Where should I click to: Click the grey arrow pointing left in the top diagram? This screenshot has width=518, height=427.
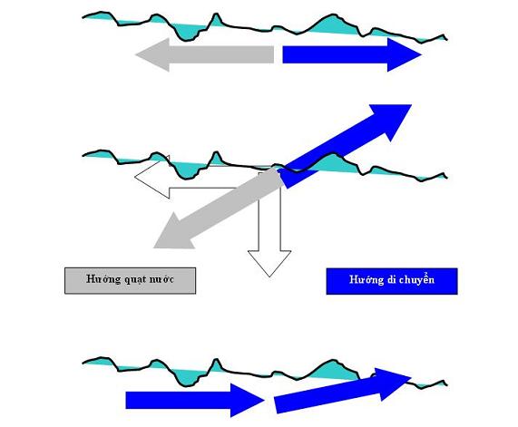click(x=205, y=54)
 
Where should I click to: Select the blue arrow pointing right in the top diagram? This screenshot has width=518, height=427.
click(x=352, y=54)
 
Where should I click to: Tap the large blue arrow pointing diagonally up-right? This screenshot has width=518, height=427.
click(x=346, y=146)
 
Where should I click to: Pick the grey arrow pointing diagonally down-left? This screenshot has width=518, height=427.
click(x=218, y=208)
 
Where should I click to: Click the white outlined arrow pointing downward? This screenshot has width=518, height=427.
click(x=269, y=225)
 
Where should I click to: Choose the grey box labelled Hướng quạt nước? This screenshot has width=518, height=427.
click(x=130, y=281)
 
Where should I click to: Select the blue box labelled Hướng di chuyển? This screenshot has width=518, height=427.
click(x=392, y=281)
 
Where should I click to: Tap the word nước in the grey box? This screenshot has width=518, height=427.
click(x=161, y=279)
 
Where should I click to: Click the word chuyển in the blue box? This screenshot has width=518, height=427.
click(x=416, y=279)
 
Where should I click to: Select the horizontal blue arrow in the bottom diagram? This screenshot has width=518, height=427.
click(x=195, y=400)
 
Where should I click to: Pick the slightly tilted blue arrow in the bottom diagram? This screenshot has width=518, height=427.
click(x=343, y=391)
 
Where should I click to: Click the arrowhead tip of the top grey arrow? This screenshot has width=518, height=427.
click(x=136, y=54)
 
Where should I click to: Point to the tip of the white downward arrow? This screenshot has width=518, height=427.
click(x=269, y=277)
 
